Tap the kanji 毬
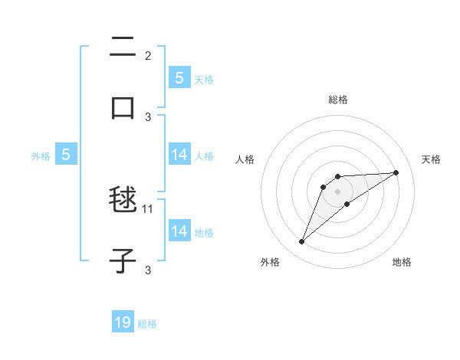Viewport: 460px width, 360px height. pos(123,201)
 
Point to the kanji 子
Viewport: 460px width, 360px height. pos(123,260)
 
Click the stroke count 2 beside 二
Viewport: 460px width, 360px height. pos(148,56)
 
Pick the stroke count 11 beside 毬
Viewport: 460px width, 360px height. pos(148,208)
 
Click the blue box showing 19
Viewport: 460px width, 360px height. pos(123,322)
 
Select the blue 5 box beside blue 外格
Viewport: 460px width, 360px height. pos(66,155)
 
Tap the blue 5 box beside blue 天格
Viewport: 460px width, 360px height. pos(179,77)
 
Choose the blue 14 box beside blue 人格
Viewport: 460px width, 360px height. pos(179,155)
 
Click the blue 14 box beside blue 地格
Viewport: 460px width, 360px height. pos(179,231)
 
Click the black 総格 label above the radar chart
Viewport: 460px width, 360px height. pos(338,100)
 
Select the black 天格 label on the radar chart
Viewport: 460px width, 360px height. pos(431,159)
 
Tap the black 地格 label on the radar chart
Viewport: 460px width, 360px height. pos(402,263)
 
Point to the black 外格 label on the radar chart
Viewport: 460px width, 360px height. pos(270,263)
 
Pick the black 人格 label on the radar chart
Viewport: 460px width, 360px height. pos(245,159)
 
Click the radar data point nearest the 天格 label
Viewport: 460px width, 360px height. pos(396,172)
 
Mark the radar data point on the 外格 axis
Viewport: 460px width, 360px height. pos(301,242)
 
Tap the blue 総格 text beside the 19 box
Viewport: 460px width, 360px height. pos(147,324)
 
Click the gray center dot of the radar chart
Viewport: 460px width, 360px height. pos(338,191)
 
